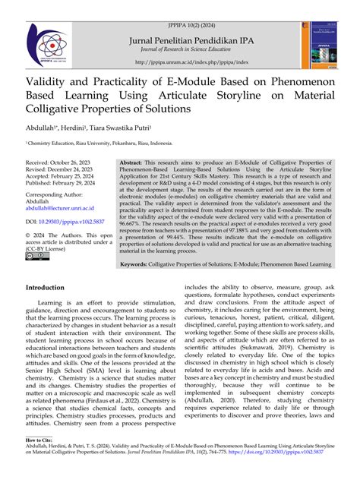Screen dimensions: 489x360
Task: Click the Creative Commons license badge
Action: point(37,256)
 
